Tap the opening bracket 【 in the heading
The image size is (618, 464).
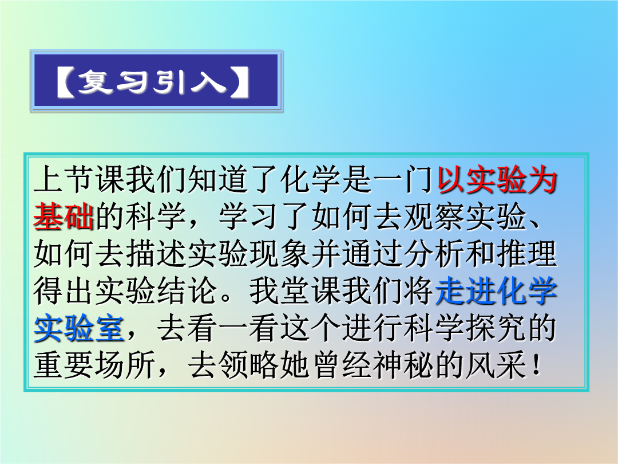[66, 82]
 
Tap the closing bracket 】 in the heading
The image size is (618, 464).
[239, 82]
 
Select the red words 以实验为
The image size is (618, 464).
[497, 180]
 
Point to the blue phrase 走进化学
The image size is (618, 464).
[497, 291]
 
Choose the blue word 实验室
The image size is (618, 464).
[79, 328]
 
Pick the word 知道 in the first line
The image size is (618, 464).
[219, 180]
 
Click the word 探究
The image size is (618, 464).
[496, 328]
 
